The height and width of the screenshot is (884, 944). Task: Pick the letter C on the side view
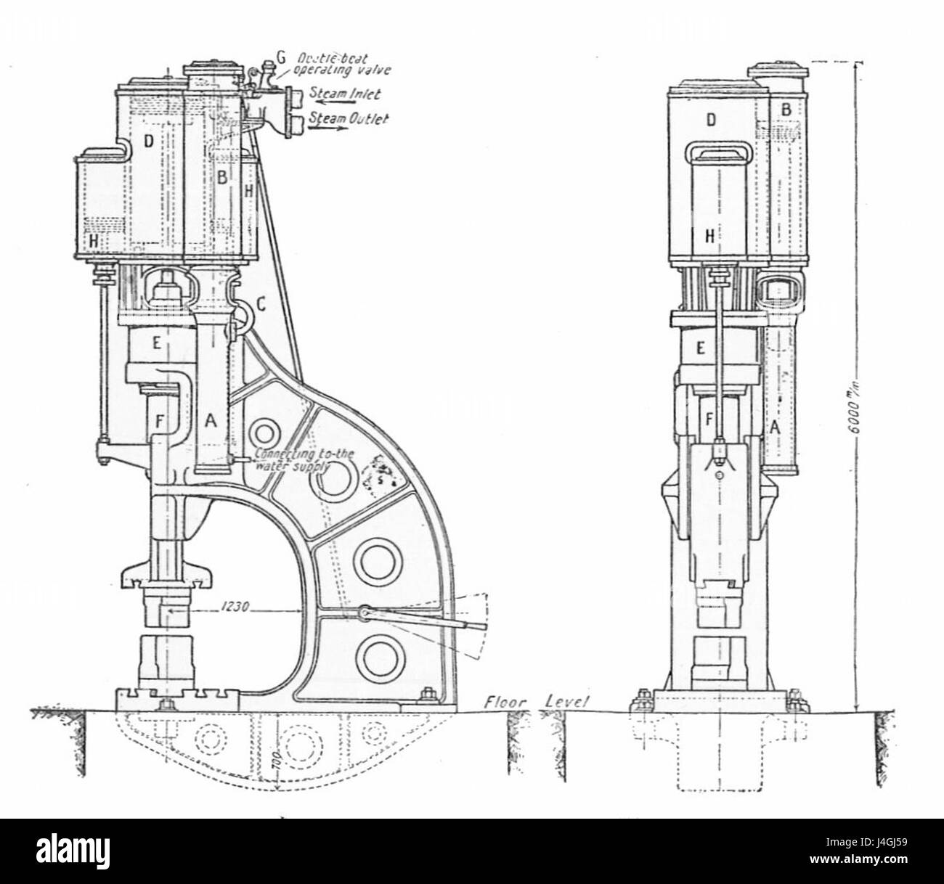pos(261,306)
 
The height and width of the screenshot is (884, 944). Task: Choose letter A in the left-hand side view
pos(211,419)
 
